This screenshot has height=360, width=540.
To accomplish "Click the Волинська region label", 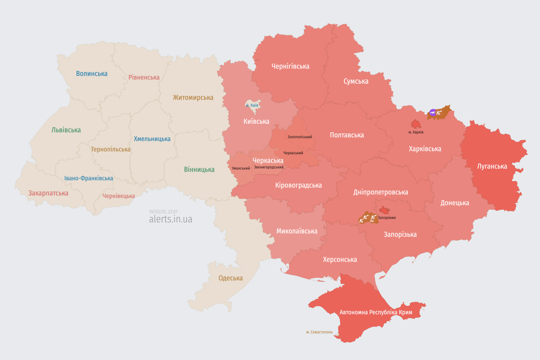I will [x=92, y=74].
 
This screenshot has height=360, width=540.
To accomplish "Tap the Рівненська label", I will [x=144, y=77].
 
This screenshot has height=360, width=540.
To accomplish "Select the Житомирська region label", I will [x=193, y=97].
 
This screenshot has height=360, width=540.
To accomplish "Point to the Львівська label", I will [x=66, y=130].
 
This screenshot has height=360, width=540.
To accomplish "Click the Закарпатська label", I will [x=48, y=193].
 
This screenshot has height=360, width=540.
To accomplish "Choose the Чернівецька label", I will [x=119, y=196].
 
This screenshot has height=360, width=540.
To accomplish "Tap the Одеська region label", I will [x=231, y=278].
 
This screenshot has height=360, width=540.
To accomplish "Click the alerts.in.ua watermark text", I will [x=171, y=219].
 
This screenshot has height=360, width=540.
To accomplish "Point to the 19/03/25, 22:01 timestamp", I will [x=163, y=211].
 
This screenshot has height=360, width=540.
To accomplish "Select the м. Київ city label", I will [x=252, y=105].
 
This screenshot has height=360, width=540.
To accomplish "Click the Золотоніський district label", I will [x=300, y=137].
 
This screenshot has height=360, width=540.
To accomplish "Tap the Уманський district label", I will [x=241, y=168].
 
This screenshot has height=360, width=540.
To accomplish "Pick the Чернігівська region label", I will [x=290, y=66].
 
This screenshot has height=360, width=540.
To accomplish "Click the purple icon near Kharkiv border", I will [x=432, y=112].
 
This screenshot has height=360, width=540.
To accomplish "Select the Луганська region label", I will [x=492, y=166].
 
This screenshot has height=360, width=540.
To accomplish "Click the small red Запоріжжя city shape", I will [x=384, y=210].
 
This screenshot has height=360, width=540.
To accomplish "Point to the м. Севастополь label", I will [x=320, y=332].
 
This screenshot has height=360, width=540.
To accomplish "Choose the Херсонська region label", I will [x=340, y=259].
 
